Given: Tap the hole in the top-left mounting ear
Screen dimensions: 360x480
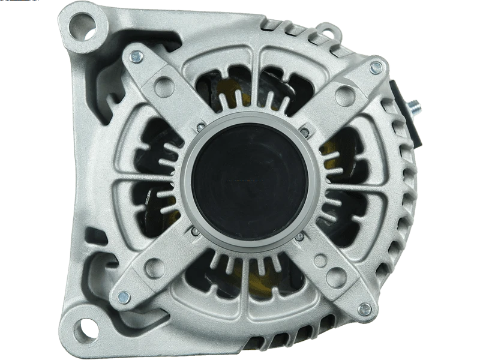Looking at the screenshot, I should click(x=80, y=25).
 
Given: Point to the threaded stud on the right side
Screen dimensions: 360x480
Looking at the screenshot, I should click(x=414, y=110).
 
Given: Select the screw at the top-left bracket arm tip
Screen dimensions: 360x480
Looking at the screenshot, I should click(x=137, y=57).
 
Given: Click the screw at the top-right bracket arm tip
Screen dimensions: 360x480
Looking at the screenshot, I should click(x=376, y=67).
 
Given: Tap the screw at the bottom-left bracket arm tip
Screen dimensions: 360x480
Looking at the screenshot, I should click(x=124, y=296).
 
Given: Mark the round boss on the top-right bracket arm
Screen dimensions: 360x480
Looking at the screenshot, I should click(x=345, y=92).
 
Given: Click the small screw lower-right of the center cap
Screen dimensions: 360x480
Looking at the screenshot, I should click(x=299, y=238).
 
